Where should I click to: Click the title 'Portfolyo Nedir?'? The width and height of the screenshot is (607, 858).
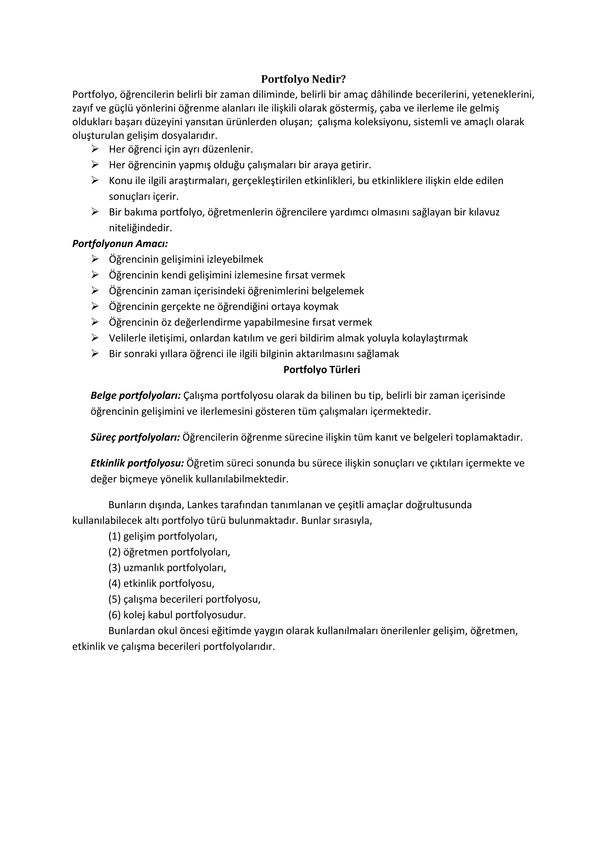pos(303,79)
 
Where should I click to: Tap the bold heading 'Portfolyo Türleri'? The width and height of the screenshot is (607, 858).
pos(322,369)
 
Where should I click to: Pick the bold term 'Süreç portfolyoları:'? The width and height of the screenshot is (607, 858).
pos(135,437)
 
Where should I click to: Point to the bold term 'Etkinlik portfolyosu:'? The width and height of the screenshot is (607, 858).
pos(137,463)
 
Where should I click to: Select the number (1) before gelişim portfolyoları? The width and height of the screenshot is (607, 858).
pos(114,536)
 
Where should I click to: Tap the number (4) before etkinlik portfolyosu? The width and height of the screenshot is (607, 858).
pos(114,583)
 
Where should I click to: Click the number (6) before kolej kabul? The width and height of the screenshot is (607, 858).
pos(114,615)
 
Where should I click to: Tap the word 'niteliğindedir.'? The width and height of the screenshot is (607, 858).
pos(140,228)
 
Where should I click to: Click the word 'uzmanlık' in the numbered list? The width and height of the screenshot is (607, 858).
pos(143,568)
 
